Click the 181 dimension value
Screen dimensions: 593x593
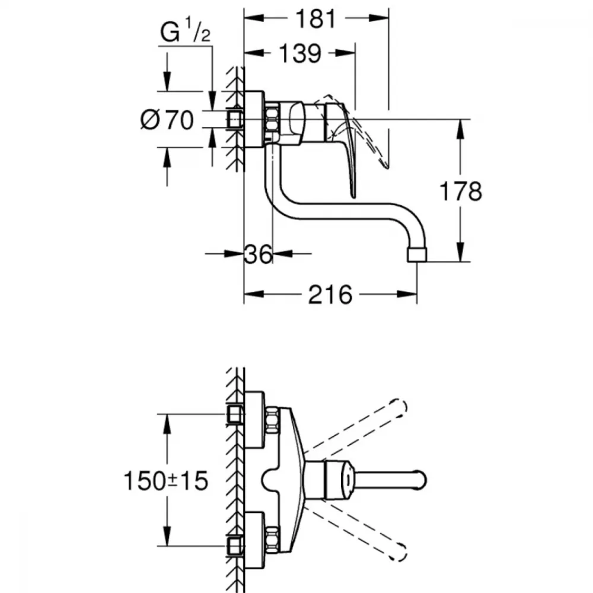[316, 19]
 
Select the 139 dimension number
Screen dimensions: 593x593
[300, 54]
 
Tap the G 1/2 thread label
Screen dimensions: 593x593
[185, 32]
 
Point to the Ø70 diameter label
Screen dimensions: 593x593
[167, 120]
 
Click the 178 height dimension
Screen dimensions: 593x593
[461, 191]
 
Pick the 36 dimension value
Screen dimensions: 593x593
[258, 254]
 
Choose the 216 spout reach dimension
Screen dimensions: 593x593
[330, 295]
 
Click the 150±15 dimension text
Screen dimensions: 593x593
[166, 481]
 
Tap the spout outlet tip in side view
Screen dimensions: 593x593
[417, 255]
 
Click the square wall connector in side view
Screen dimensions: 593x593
[235, 120]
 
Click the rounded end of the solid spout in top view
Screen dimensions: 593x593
[420, 480]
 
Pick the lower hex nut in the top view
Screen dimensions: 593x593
[272, 540]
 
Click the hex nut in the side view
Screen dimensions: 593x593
[272, 120]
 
